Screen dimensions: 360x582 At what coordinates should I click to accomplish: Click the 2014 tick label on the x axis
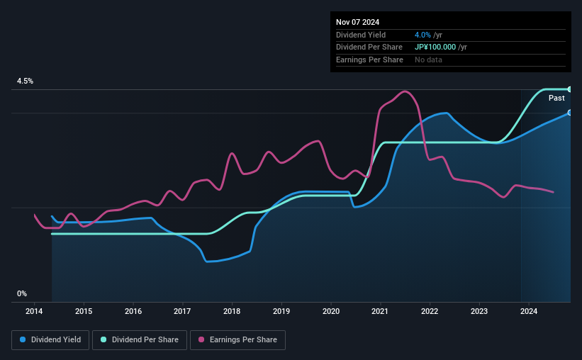point(34,311)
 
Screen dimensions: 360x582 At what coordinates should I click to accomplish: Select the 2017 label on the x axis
point(182,311)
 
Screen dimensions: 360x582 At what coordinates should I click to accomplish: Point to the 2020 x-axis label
point(331,311)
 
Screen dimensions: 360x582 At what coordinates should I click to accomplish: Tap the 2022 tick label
point(430,311)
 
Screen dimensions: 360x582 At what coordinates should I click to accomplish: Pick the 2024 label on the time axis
point(529,311)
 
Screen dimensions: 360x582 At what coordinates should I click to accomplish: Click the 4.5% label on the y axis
point(26,81)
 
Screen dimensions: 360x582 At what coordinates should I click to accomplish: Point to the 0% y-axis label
point(22,293)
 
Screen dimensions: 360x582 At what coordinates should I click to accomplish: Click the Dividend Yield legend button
point(50,340)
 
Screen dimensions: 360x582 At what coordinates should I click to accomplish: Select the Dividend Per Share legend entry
point(140,340)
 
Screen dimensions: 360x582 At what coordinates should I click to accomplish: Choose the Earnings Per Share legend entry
point(239,340)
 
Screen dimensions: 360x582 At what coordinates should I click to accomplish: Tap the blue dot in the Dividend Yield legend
point(23,340)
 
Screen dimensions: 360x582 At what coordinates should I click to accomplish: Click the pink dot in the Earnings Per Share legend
point(201,340)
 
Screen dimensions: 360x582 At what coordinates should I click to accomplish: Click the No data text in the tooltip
point(429,60)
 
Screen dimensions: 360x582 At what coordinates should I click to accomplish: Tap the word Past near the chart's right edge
point(556,99)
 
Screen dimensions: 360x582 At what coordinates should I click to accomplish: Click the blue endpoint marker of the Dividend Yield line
point(569,113)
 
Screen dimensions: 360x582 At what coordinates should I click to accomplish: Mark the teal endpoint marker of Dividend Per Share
point(569,89)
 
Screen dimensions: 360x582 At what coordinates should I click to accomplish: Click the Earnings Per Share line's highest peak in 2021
point(405,91)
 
